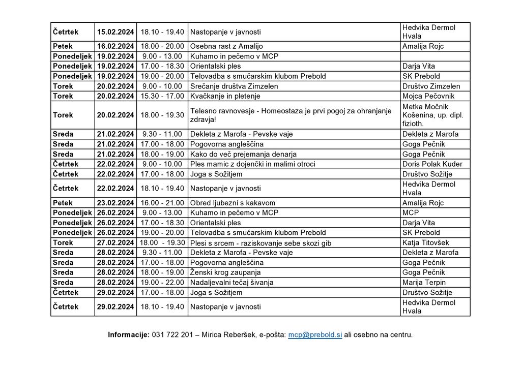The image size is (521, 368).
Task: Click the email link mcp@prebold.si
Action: click(315, 335)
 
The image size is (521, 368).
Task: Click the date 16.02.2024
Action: click(115, 46)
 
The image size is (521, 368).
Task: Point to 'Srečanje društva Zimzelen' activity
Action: click(234, 86)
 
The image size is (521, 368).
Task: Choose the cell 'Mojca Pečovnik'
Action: click(428, 96)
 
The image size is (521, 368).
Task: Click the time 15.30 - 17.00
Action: click(162, 96)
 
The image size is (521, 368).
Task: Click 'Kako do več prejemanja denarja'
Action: click(243, 154)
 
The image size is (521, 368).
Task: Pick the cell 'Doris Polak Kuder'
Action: click(432, 164)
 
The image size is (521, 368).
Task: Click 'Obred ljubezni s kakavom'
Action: click(233, 203)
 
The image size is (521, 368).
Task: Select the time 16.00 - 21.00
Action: click(162, 203)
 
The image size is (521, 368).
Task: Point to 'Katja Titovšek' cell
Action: click(425, 242)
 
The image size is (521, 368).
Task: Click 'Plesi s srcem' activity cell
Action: click(260, 243)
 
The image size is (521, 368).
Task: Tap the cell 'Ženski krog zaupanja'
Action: click(225, 272)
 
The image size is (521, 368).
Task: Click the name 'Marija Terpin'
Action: click(424, 283)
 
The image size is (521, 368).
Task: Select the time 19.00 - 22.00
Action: click(162, 283)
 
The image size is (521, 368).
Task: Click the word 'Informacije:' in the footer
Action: click(129, 335)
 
